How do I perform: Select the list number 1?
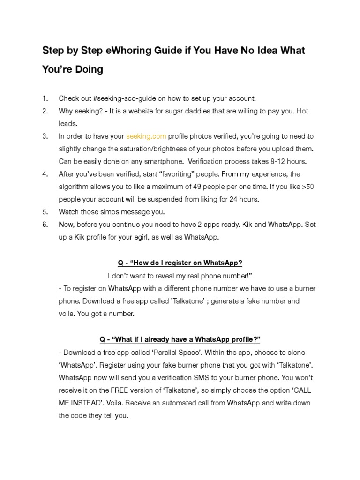45,98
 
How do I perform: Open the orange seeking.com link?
146,136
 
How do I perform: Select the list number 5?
45,212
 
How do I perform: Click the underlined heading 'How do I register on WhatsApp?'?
180,262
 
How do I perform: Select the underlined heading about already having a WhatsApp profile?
180,339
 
